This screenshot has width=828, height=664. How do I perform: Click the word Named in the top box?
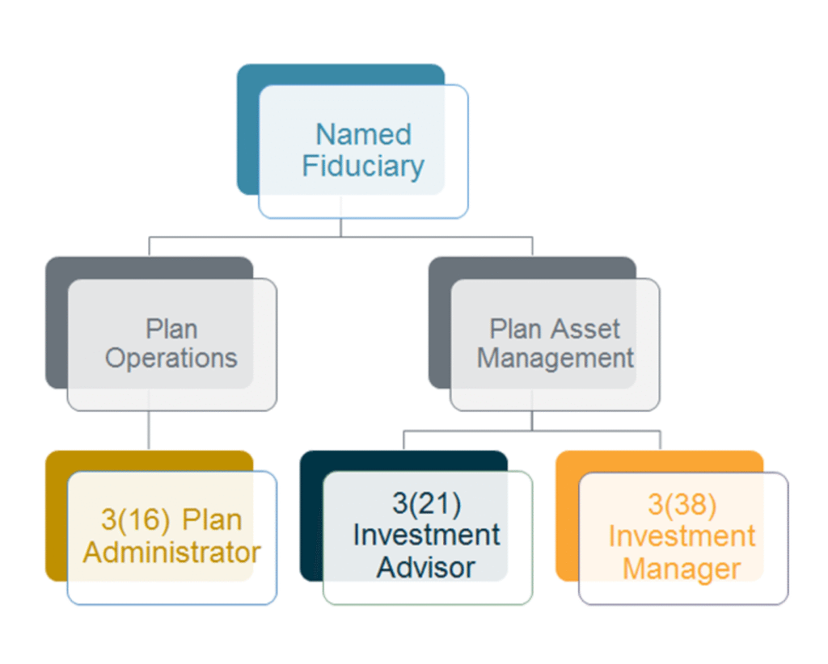tap(363, 134)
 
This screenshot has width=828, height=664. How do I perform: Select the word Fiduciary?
tap(363, 166)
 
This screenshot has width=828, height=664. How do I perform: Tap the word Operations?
tap(171, 359)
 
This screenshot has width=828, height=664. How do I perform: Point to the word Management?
tap(556, 359)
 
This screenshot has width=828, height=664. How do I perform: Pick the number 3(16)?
tap(136, 520)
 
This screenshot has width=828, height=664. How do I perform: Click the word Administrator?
tap(172, 553)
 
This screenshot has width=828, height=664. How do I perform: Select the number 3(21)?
tap(427, 503)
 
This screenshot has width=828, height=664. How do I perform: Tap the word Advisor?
tap(426, 568)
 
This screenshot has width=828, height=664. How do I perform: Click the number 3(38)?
tap(682, 504)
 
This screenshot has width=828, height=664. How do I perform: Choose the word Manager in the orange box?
tap(682, 569)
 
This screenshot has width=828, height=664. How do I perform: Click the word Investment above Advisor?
tap(426, 536)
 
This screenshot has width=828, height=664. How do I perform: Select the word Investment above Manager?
tap(682, 536)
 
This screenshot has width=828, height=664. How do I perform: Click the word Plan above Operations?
tap(171, 329)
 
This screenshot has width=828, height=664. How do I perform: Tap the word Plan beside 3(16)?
tap(213, 520)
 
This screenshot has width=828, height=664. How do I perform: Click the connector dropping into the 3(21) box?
tap(404, 440)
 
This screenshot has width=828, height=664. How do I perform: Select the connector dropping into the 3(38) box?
tap(660, 440)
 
